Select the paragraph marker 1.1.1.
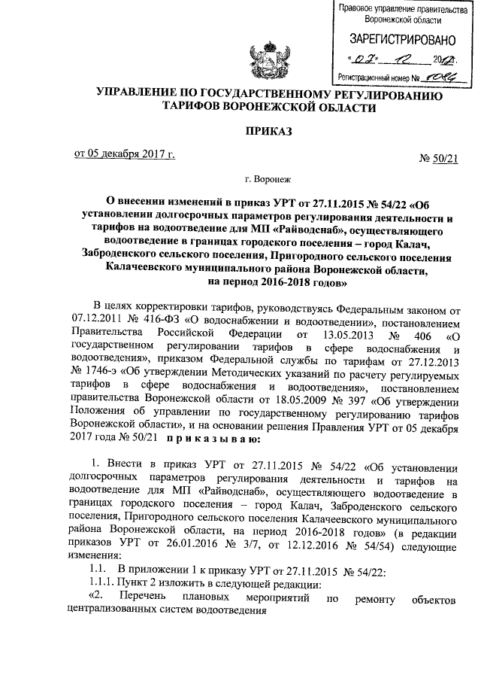pyautogui.click(x=98, y=585)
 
